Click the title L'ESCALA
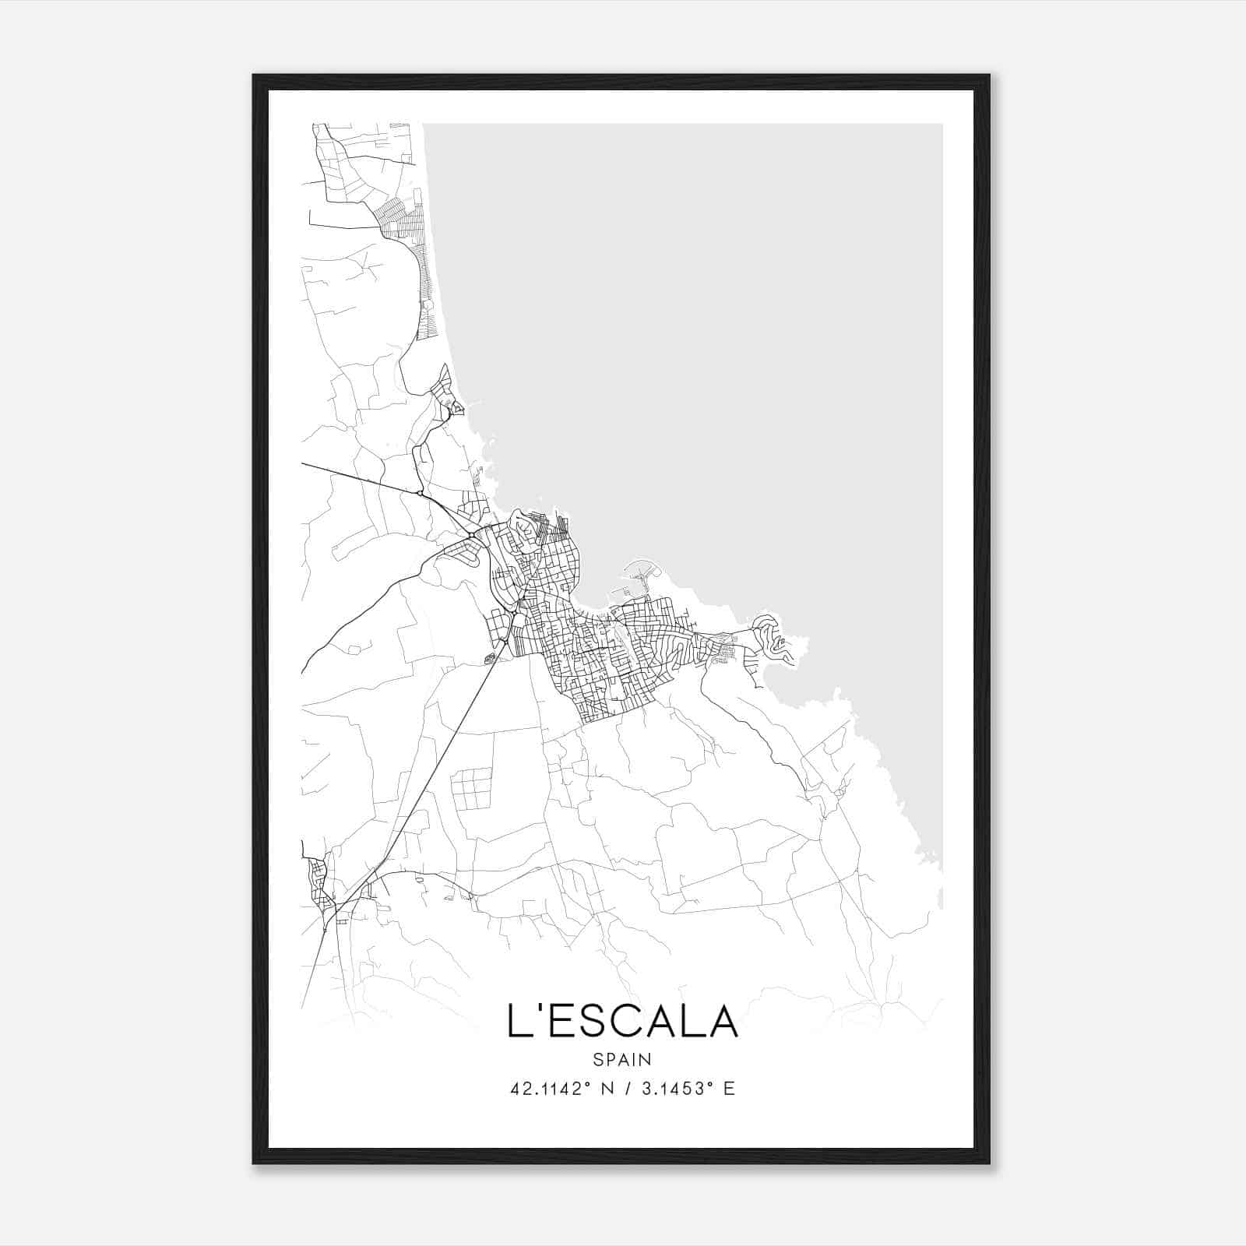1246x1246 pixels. coord(622,1021)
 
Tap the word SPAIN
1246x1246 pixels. coord(622,1059)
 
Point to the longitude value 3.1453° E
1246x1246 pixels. coord(686,1089)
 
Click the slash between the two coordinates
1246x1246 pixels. coord(628,1089)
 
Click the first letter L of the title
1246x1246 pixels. coord(516,1021)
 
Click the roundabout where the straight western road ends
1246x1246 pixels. coord(421,493)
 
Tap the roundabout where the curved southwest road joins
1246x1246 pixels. coord(473,535)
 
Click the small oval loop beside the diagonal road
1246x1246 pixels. coord(490,659)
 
